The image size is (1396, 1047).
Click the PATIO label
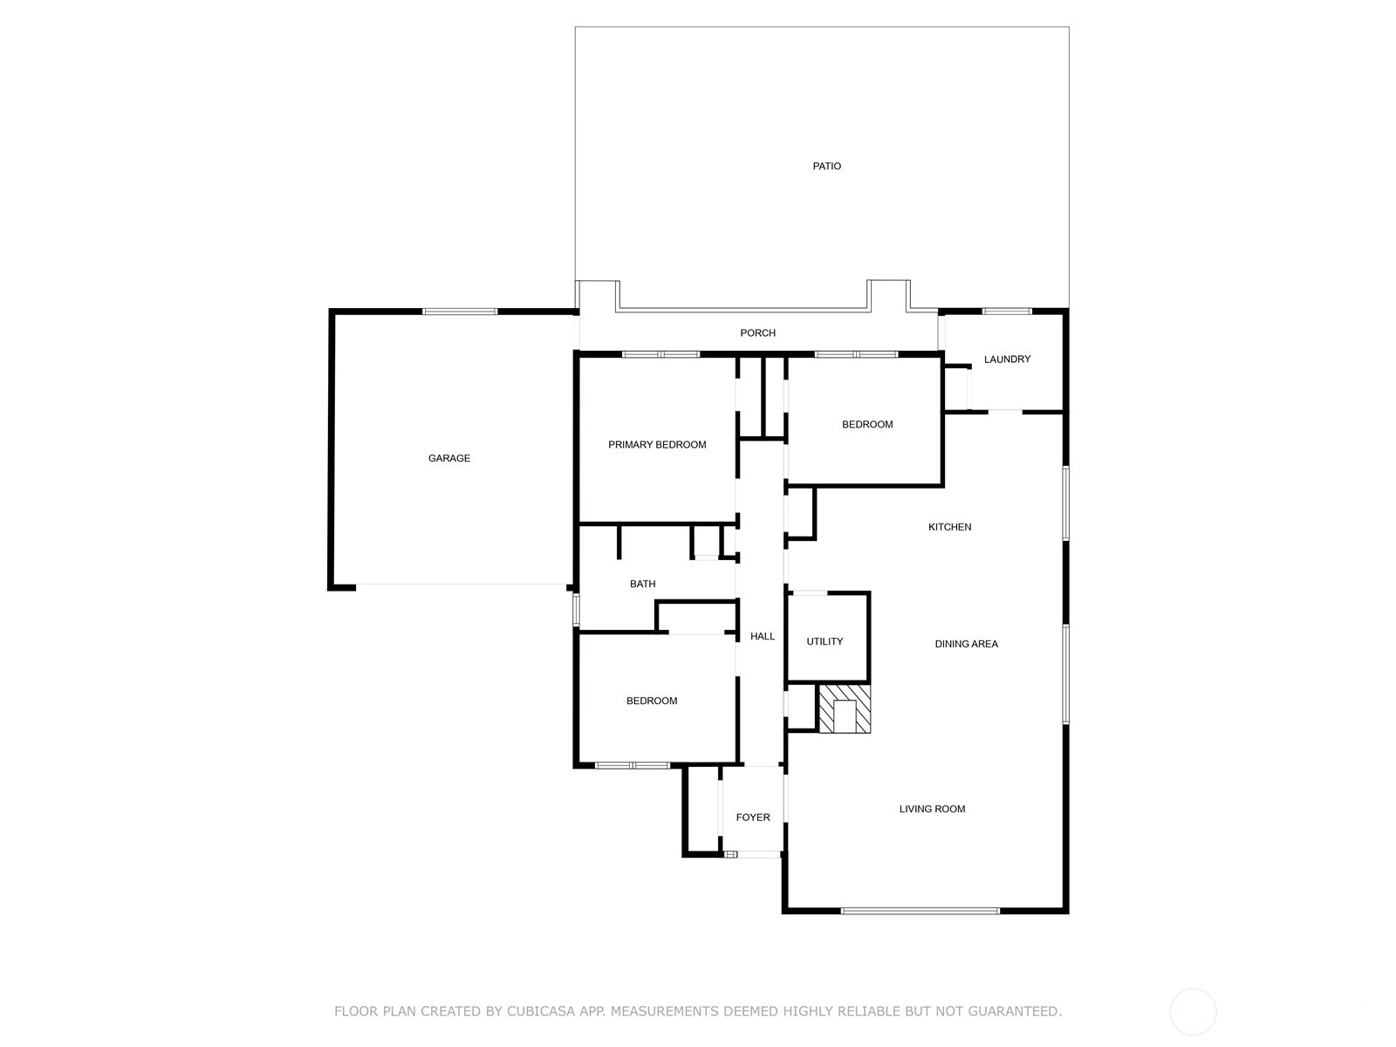click(826, 166)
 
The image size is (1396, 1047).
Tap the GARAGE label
click(449, 458)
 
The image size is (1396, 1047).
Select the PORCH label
click(757, 332)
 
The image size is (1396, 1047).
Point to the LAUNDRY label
click(1007, 359)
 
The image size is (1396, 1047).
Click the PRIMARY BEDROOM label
click(657, 444)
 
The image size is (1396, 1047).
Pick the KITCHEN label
click(949, 526)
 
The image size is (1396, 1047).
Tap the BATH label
click(642, 584)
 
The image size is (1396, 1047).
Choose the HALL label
click(762, 636)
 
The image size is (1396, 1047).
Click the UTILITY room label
click(825, 641)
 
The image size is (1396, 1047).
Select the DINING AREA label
click(966, 644)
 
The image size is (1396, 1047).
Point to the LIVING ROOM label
click(932, 809)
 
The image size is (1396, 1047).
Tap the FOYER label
click(753, 817)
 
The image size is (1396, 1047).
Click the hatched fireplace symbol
click(844, 708)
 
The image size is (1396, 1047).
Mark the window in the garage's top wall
click(460, 311)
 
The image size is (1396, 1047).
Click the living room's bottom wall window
click(920, 911)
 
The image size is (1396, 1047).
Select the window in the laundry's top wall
click(1007, 311)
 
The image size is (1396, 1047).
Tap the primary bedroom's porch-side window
click(660, 354)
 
